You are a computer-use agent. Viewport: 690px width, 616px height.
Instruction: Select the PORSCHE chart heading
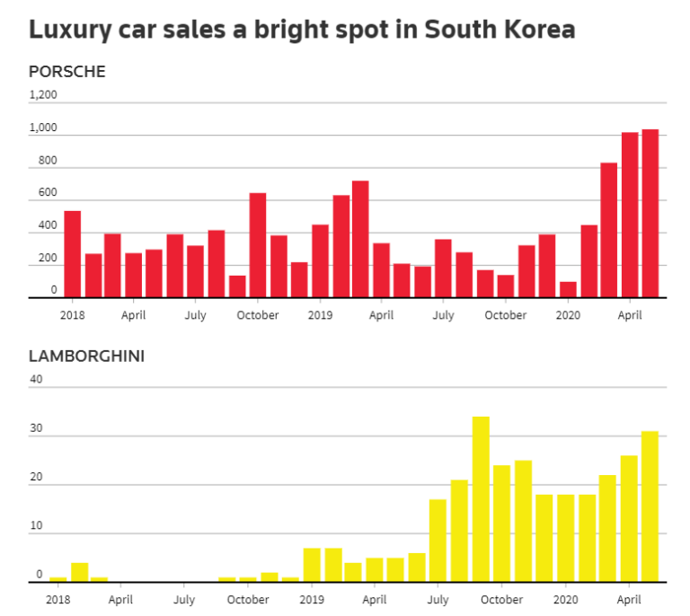click(67, 72)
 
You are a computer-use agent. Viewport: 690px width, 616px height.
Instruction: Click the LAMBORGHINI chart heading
click(87, 356)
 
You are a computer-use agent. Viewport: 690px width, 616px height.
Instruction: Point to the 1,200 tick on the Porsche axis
click(43, 94)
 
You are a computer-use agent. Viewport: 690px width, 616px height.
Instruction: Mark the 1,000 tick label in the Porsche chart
click(43, 128)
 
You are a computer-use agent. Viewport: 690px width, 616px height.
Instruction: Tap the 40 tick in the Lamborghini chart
click(36, 379)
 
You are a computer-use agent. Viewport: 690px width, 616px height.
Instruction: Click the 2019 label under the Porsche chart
click(320, 315)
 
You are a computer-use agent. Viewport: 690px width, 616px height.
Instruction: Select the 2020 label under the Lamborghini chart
click(566, 599)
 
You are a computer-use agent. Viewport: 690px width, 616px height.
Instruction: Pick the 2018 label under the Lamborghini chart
click(57, 599)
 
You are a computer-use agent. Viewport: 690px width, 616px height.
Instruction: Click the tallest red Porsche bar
click(650, 214)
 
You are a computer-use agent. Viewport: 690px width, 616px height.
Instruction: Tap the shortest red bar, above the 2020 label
click(568, 289)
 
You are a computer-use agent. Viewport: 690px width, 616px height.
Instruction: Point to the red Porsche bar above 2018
click(73, 254)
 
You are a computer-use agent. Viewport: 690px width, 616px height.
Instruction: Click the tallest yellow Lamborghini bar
click(481, 499)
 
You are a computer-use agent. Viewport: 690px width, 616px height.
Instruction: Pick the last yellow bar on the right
click(650, 506)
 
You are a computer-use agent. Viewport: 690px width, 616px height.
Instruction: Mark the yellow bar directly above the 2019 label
click(312, 565)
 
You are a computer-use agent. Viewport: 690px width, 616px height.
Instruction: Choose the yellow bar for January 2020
click(566, 538)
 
